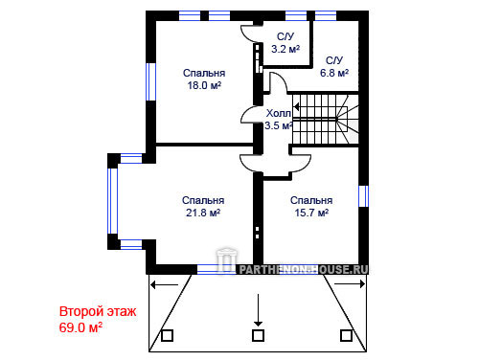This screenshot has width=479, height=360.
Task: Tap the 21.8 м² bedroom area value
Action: [x=203, y=213]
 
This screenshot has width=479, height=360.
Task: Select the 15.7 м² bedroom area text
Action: [x=311, y=213]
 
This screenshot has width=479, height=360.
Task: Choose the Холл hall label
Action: [x=279, y=113]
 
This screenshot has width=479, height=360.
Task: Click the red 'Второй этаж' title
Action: [x=98, y=311]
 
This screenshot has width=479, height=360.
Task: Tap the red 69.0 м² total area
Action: [x=80, y=327]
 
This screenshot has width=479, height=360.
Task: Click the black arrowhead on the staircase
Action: [x=296, y=107]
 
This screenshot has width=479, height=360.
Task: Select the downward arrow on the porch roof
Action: [x=258, y=310]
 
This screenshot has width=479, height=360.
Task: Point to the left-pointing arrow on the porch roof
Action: [x=164, y=284]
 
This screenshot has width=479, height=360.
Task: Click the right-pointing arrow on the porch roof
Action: [x=350, y=283]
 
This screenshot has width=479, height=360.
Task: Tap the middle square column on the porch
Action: [x=258, y=335]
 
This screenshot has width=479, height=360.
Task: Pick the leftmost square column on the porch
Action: [x=167, y=335]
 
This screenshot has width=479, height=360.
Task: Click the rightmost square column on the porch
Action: [x=346, y=335]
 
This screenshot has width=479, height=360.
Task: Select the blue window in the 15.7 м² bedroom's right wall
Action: [x=363, y=196]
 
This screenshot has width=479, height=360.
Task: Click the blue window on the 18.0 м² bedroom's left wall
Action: [x=150, y=81]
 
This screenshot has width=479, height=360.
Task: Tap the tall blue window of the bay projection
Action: [x=112, y=201]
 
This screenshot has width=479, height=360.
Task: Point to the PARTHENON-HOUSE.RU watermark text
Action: [x=304, y=270]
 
